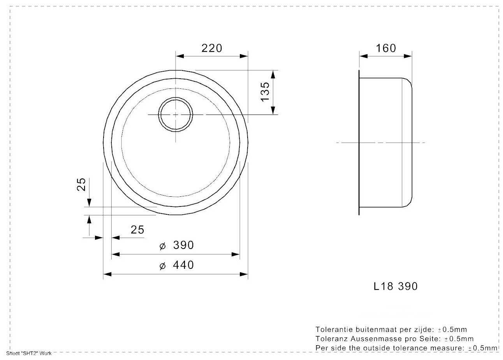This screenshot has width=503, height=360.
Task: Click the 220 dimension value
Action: [211, 48]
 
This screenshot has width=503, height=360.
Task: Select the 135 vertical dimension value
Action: [265, 92]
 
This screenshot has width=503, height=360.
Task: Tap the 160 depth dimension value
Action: [386, 48]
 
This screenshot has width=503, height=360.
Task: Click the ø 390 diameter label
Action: [176, 245]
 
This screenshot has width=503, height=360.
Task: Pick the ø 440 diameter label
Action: [176, 265]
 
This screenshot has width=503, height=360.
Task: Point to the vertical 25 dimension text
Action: [81, 185]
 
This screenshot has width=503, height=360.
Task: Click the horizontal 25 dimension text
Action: [137, 229]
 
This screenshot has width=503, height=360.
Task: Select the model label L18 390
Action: [396, 286]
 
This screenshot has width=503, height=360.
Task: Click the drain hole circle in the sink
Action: [176, 97]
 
